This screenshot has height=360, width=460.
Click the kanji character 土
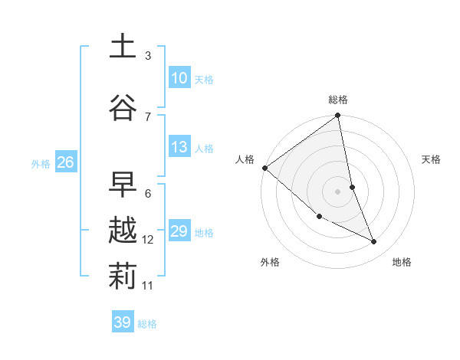(123, 46)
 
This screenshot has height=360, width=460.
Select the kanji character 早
(123, 184)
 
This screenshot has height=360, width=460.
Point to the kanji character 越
(123, 231)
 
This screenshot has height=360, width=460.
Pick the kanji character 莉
(123, 276)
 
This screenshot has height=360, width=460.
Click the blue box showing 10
(179, 77)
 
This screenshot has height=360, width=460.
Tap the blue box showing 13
(179, 147)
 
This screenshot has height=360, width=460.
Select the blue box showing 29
(179, 231)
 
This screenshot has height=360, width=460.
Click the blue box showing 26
(65, 162)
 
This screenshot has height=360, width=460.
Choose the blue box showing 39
(122, 322)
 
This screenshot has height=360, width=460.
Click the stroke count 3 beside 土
(148, 55)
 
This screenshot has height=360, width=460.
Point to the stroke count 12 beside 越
(148, 240)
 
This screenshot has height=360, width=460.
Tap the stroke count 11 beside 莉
(148, 286)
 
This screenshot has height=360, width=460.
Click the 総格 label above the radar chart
(338, 100)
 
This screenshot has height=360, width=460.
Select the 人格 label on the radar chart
(245, 159)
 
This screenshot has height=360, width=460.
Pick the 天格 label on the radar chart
(432, 159)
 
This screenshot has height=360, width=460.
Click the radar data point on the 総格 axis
(338, 116)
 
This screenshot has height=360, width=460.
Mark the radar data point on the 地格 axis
(374, 242)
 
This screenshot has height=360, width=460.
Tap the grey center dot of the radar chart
(338, 191)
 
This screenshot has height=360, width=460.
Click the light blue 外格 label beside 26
(41, 163)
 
